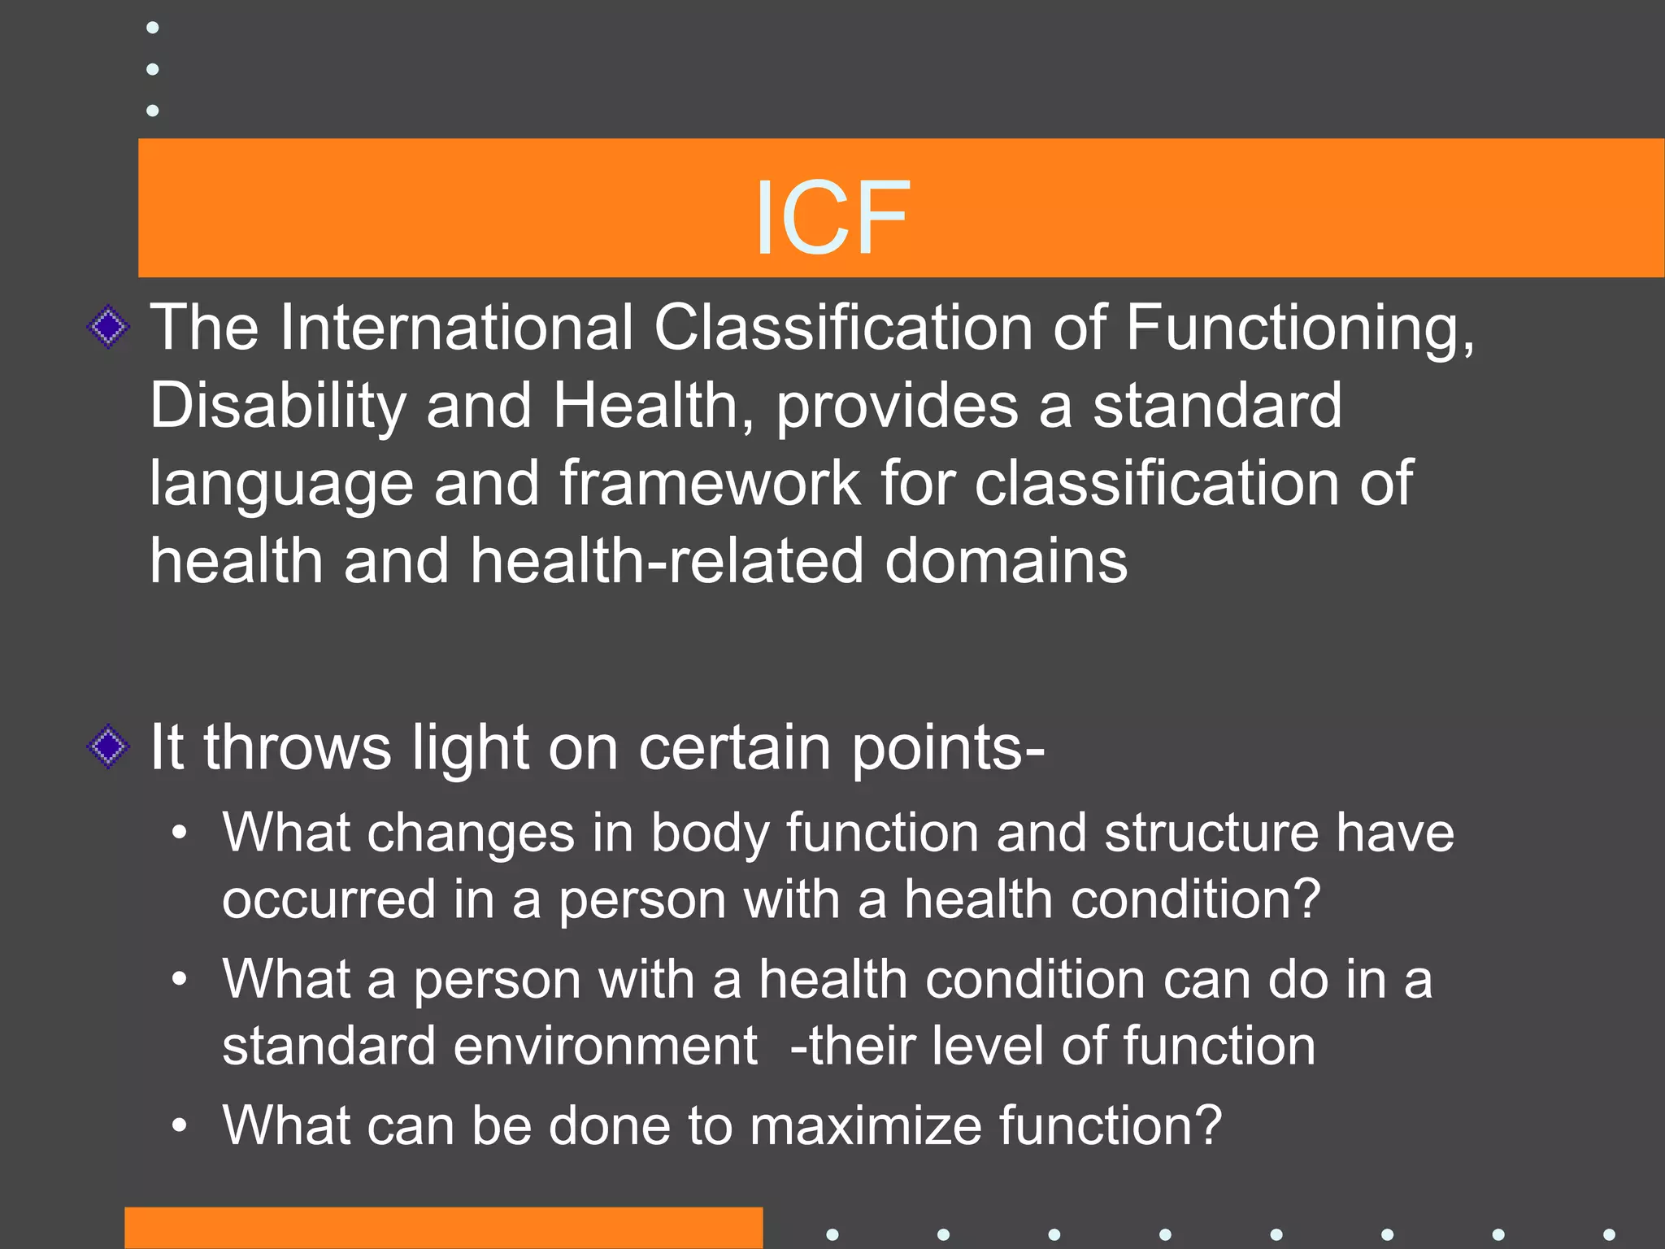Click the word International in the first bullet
(456, 328)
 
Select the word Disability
(277, 407)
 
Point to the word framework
(710, 484)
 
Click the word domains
(1006, 561)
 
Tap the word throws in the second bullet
(297, 747)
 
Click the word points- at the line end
(948, 749)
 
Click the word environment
(605, 1046)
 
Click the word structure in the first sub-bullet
(1211, 833)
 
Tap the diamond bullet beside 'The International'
(108, 328)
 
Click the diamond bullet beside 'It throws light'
(108, 746)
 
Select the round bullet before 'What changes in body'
(180, 833)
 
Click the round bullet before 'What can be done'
(180, 1126)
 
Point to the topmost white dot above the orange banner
(152, 28)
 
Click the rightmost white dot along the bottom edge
(1609, 1234)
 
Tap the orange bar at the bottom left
(443, 1228)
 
